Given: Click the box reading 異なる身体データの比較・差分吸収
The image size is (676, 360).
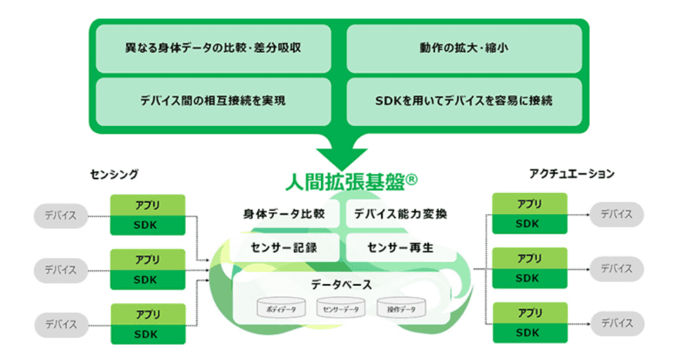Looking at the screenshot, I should pyautogui.click(x=213, y=49).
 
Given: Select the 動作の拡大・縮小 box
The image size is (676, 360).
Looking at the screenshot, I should pyautogui.click(x=464, y=49).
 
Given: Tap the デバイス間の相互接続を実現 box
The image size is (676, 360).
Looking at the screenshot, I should pyautogui.click(x=213, y=100).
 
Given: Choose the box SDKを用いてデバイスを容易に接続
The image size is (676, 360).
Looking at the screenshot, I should pyautogui.click(x=464, y=100).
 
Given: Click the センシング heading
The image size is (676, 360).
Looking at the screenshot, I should pyautogui.click(x=115, y=173).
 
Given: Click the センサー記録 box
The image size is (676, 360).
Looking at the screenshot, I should pyautogui.click(x=284, y=247).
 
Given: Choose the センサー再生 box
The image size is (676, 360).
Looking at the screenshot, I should pyautogui.click(x=400, y=247).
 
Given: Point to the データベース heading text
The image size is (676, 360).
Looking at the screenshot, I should pyautogui.click(x=342, y=285).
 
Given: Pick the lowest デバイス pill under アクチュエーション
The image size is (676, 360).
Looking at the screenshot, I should pyautogui.click(x=616, y=324).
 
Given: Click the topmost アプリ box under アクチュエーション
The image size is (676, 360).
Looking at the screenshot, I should pyautogui.click(x=530, y=204).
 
